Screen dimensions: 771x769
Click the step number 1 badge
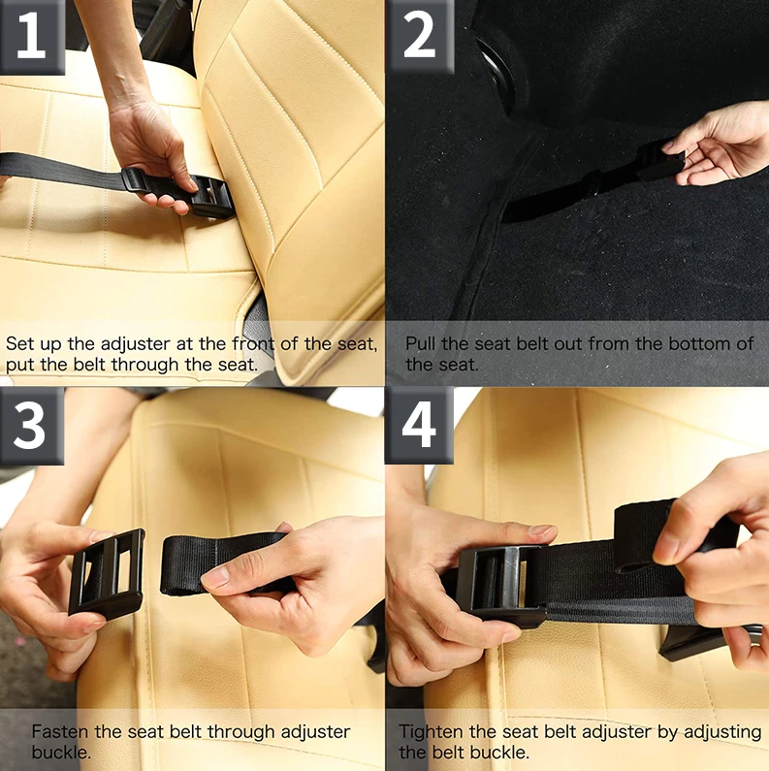[x=31, y=36]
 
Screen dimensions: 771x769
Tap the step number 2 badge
[x=419, y=36]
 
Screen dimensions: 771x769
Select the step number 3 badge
[x=31, y=424]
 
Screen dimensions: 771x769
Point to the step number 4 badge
[x=419, y=424]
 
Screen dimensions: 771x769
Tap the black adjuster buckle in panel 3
[x=107, y=573]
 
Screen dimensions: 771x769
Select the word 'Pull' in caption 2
[x=422, y=344]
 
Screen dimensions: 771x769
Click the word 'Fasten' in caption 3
[x=59, y=732]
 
